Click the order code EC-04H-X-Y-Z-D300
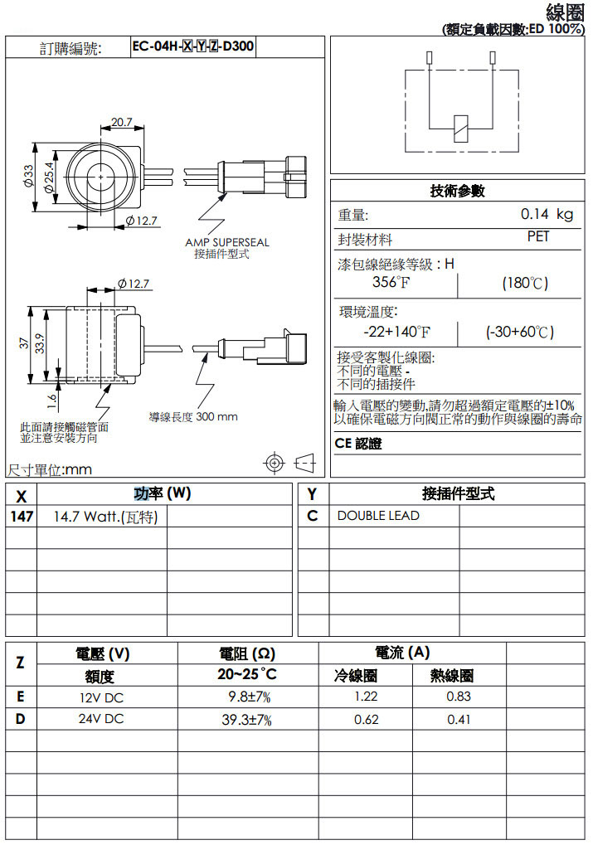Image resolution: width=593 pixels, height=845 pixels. coord(193,47)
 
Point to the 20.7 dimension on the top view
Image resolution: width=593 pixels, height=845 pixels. coord(122,122)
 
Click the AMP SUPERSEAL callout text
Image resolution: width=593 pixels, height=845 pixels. coord(226,243)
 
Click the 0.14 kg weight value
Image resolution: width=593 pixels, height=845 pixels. coord(547,215)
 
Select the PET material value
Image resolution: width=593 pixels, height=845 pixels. coord(538,237)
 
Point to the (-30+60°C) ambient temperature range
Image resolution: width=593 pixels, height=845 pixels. coord(519,333)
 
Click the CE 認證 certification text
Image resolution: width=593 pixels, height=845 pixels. coord(358,444)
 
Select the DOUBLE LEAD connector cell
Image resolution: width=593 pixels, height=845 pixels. coord(378,516)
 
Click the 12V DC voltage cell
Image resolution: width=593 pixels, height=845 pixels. coord(101,697)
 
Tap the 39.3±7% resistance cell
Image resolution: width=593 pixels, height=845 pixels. coord(246,719)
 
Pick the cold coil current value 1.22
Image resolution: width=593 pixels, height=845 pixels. coord(366,697)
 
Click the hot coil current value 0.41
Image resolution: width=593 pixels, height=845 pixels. coord(459,720)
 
